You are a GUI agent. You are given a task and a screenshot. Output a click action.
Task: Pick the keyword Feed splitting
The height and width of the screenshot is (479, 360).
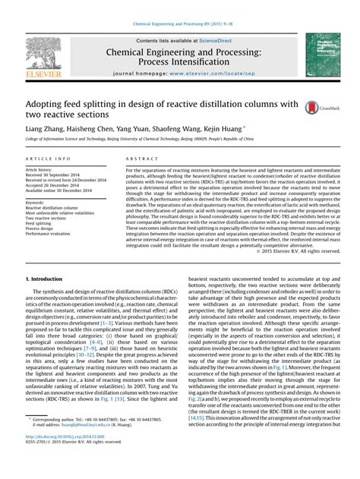click(43, 224)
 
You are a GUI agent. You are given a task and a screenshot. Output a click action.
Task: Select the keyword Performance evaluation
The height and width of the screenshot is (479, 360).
click(51, 235)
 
